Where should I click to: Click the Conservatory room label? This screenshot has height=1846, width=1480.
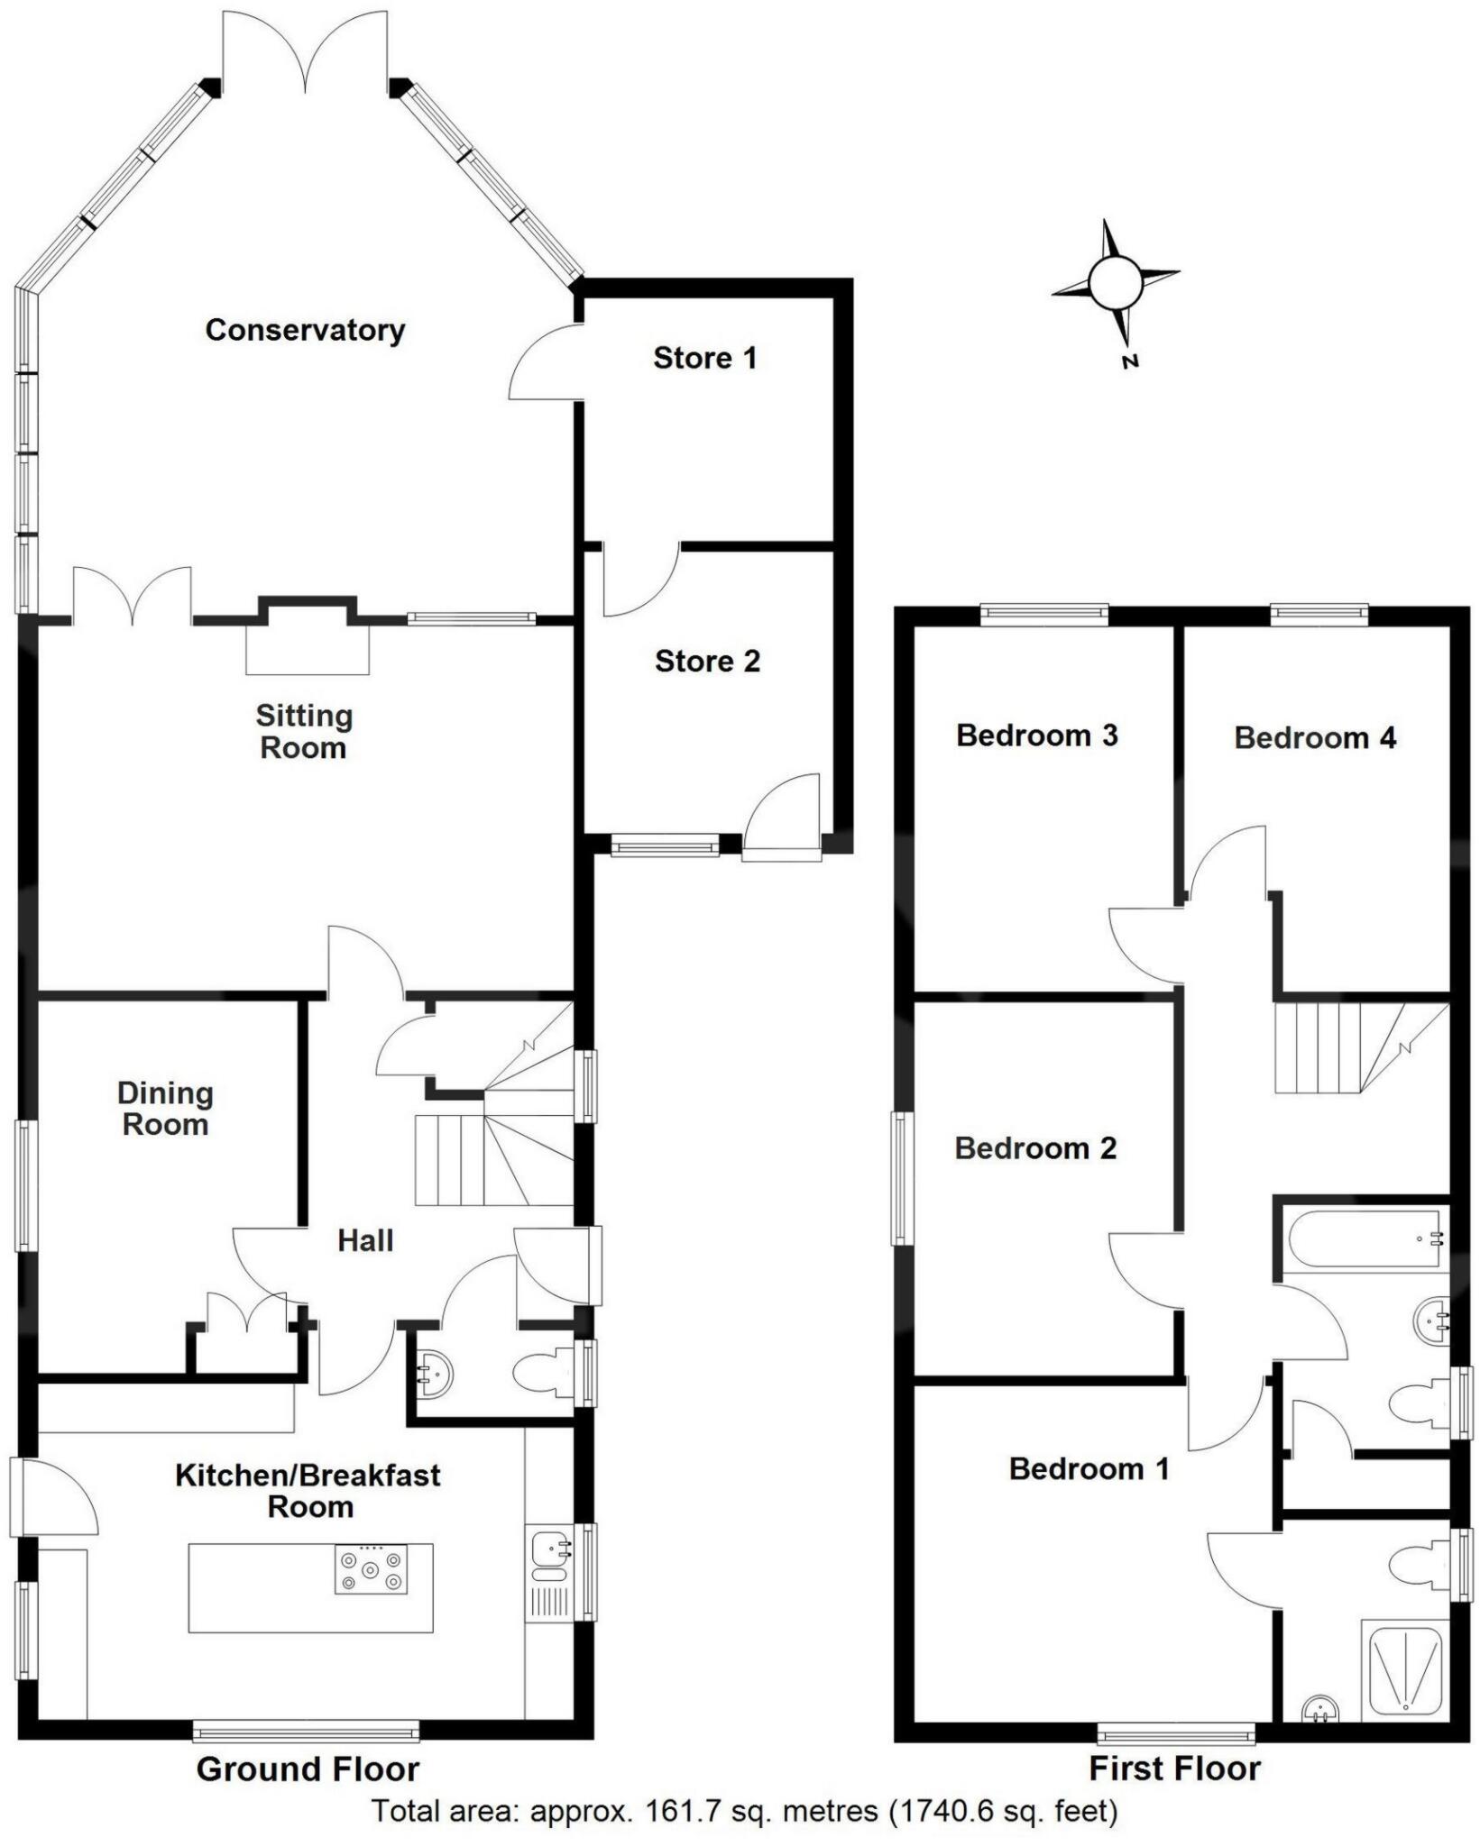tap(305, 330)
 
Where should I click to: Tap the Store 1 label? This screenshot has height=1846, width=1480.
tap(704, 358)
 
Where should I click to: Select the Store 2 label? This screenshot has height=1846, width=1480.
tap(707, 661)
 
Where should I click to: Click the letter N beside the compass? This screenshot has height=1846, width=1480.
tap(1130, 361)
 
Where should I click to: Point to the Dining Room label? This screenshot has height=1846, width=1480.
tap(165, 1109)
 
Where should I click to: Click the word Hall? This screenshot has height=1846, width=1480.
tap(365, 1240)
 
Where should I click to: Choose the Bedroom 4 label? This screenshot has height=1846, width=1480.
tap(1314, 738)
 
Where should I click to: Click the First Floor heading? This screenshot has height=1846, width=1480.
tap(1173, 1768)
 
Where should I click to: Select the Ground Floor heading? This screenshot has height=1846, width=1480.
tap(308, 1768)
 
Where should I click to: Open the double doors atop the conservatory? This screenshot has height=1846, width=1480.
tap(307, 54)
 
